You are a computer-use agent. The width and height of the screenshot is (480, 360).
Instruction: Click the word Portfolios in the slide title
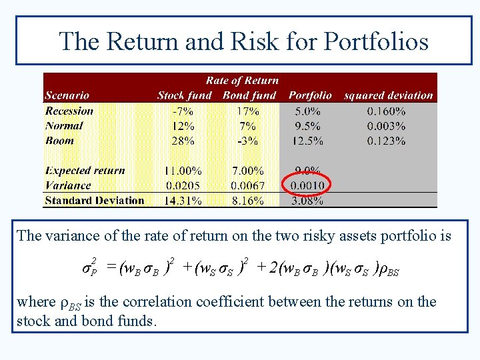(x=376, y=41)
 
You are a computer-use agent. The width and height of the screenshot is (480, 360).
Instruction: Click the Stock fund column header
(x=184, y=95)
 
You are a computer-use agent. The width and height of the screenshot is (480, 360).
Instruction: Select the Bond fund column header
(x=249, y=95)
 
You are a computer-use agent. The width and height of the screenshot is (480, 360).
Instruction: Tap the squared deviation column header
(x=388, y=95)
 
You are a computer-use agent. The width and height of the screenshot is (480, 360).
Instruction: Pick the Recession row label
(x=69, y=111)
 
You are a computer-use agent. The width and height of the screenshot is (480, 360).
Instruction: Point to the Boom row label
(x=60, y=141)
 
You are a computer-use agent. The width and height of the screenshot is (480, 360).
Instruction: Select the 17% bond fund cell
(x=247, y=111)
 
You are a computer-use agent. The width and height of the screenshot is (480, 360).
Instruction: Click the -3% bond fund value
(x=247, y=141)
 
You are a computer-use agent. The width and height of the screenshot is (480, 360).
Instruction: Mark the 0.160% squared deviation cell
(x=386, y=111)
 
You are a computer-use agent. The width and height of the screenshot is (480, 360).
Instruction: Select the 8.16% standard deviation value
(x=247, y=201)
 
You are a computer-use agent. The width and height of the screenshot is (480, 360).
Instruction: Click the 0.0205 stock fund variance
(x=180, y=185)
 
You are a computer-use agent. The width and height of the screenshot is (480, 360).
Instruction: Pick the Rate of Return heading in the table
(x=242, y=81)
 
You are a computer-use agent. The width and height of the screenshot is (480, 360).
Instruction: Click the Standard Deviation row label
(x=94, y=200)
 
